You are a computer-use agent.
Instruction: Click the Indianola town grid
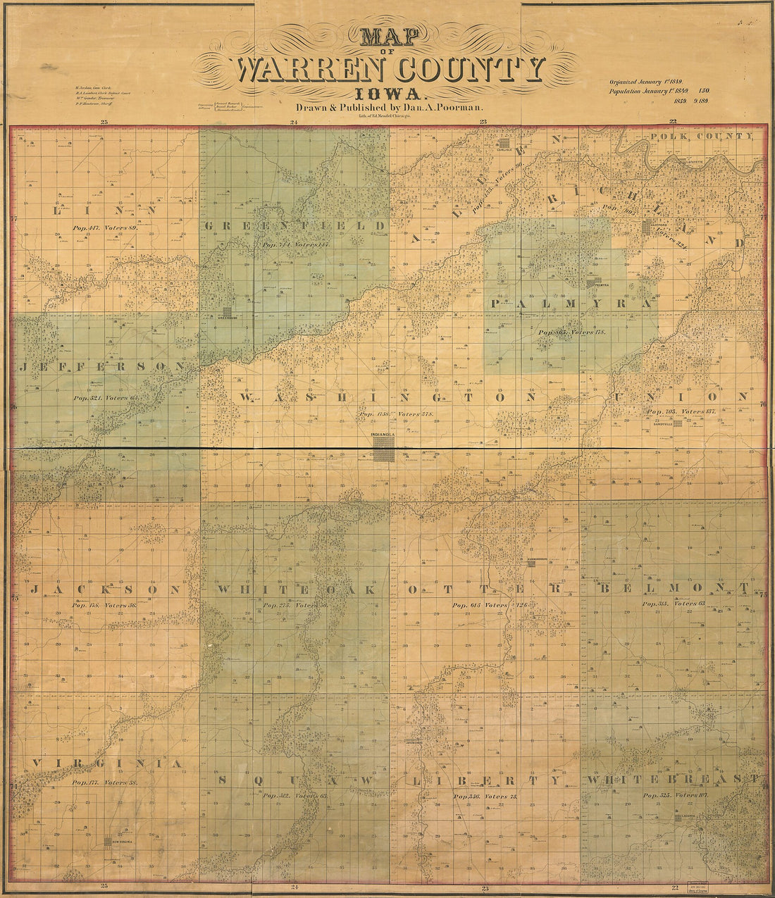point(384,451)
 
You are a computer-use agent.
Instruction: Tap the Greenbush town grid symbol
point(228,311)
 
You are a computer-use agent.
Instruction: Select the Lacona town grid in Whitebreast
point(677,818)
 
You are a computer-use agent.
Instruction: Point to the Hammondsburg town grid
point(532,563)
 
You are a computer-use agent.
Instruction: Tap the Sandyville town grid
point(677,423)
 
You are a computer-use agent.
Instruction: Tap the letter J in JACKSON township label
point(33,589)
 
